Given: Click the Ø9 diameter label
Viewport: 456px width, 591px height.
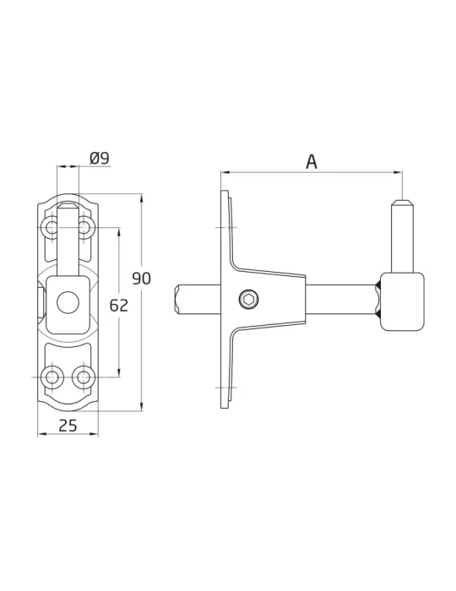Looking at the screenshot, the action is coord(100,159).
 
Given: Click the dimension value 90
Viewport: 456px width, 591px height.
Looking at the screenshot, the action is coord(141,279).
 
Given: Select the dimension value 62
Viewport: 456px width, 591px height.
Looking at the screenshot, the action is coord(119,306).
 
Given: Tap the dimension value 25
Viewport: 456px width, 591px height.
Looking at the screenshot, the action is coord(68,426).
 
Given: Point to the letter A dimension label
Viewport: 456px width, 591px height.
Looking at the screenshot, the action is coord(312,162).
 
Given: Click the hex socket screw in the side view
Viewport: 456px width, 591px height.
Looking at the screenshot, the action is coord(249,300).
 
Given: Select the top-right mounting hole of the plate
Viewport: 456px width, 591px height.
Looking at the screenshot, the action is coord(84,227).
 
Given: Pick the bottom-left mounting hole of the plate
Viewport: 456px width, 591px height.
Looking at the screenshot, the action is coord(51,377).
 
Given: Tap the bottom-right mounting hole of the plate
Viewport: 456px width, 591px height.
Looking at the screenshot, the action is coord(82,377).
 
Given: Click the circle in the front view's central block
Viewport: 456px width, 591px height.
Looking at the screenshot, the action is coord(68,302).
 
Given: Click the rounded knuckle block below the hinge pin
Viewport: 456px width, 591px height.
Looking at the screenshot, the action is coord(402,301).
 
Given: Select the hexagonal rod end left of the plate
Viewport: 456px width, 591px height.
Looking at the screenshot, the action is coord(179,300).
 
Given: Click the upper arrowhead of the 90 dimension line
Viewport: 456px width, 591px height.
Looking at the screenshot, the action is coord(142,198).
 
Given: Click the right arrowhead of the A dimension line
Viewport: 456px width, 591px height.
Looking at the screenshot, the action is coord(398,172).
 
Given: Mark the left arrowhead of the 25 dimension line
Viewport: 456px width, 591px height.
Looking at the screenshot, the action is coord(42,434).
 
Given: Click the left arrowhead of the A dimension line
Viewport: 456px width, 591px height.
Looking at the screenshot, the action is coord(225,172).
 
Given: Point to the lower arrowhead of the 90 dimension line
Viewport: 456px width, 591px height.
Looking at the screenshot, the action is coord(142,406).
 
